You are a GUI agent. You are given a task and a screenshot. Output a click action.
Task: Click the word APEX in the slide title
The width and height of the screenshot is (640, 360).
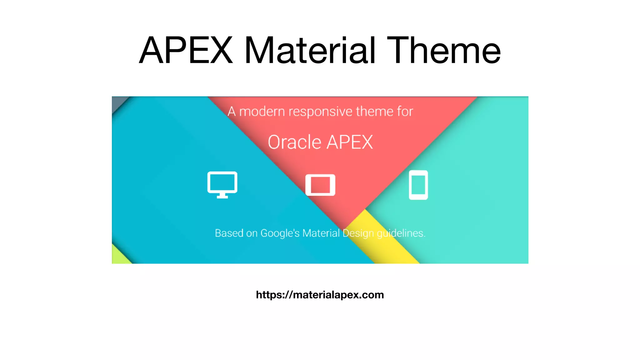tap(186, 51)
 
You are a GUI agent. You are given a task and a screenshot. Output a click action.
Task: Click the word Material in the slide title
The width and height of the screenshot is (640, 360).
tap(309, 51)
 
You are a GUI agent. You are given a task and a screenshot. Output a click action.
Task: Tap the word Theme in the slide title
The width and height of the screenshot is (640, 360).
tap(444, 51)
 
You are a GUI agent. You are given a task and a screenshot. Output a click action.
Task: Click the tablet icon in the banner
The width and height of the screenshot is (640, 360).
tap(320, 185)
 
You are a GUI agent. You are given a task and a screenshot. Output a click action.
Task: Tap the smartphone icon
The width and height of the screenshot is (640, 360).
tap(418, 185)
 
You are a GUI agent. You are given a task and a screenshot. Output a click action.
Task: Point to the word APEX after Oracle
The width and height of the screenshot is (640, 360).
tap(350, 142)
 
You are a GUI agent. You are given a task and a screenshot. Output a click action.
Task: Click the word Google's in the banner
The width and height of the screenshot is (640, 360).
tap(280, 233)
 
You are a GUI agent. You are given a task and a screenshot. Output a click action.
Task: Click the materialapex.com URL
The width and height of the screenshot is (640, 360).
tap(320, 295)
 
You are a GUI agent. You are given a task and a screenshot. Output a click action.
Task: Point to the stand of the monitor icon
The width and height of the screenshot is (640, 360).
tap(222, 196)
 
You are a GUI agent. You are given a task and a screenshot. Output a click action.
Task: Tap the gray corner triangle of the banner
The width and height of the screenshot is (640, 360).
tap(117, 102)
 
